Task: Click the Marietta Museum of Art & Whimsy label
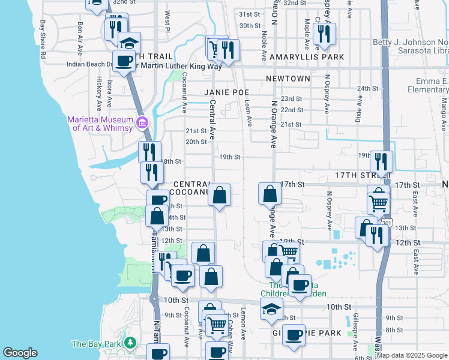100,124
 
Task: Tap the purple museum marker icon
142,124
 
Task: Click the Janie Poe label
226,92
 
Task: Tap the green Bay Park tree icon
130,344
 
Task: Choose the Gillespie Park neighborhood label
306,332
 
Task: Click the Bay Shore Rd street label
43,38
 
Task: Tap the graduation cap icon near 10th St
271,309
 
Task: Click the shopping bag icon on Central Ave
220,194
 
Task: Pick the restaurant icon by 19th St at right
381,161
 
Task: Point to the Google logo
20,353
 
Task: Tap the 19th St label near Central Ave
229,157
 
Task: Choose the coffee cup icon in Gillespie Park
294,335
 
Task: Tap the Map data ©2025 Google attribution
412,355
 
